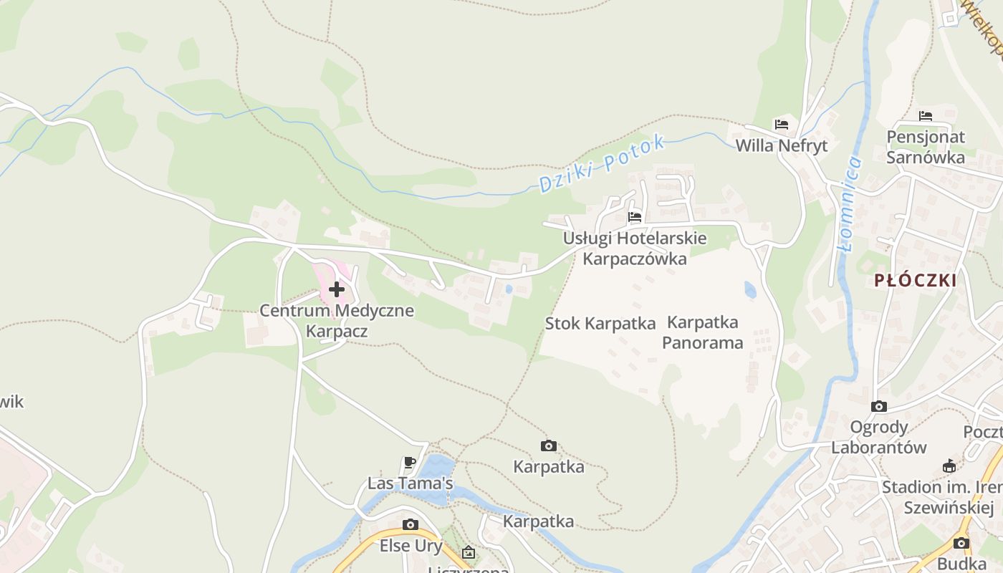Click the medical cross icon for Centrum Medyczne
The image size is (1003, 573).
[x=337, y=289]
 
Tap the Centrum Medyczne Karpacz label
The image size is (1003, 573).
[x=337, y=321]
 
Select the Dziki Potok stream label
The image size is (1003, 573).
[x=601, y=164]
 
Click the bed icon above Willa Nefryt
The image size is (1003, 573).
[x=782, y=125]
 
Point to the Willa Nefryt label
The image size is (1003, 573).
[x=782, y=145]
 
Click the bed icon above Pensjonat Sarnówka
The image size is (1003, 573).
[x=926, y=115]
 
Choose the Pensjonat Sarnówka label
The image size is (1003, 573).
[x=926, y=147]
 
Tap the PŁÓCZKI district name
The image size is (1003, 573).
[x=916, y=280]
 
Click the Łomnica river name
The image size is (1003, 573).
[x=851, y=204]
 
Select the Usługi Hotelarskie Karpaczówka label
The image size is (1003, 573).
[x=635, y=248]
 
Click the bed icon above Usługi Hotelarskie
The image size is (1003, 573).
[x=635, y=217]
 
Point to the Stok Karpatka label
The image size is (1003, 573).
[x=600, y=323]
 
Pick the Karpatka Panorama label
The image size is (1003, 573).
[x=702, y=332]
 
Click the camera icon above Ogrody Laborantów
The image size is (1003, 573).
[x=879, y=406]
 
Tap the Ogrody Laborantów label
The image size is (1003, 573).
[x=879, y=437]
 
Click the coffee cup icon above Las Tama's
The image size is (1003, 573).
[x=410, y=462]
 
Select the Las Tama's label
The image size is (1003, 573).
[x=410, y=483]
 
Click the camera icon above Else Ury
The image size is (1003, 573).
[x=411, y=524]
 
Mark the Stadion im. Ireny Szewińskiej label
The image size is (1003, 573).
[x=941, y=497]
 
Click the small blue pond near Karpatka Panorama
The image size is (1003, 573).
[x=749, y=289]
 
